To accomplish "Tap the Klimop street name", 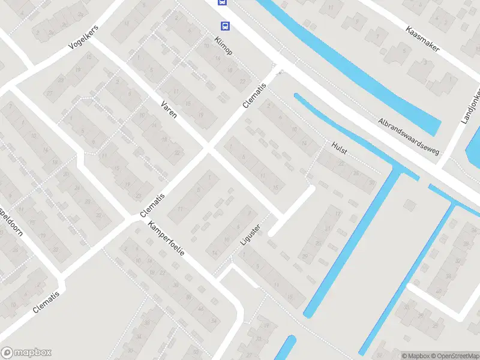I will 223,46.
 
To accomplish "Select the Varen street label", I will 169,109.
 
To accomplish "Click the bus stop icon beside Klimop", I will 225,26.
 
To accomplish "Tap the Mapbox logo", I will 26,353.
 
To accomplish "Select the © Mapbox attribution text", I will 413,356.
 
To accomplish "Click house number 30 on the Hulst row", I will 372,182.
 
